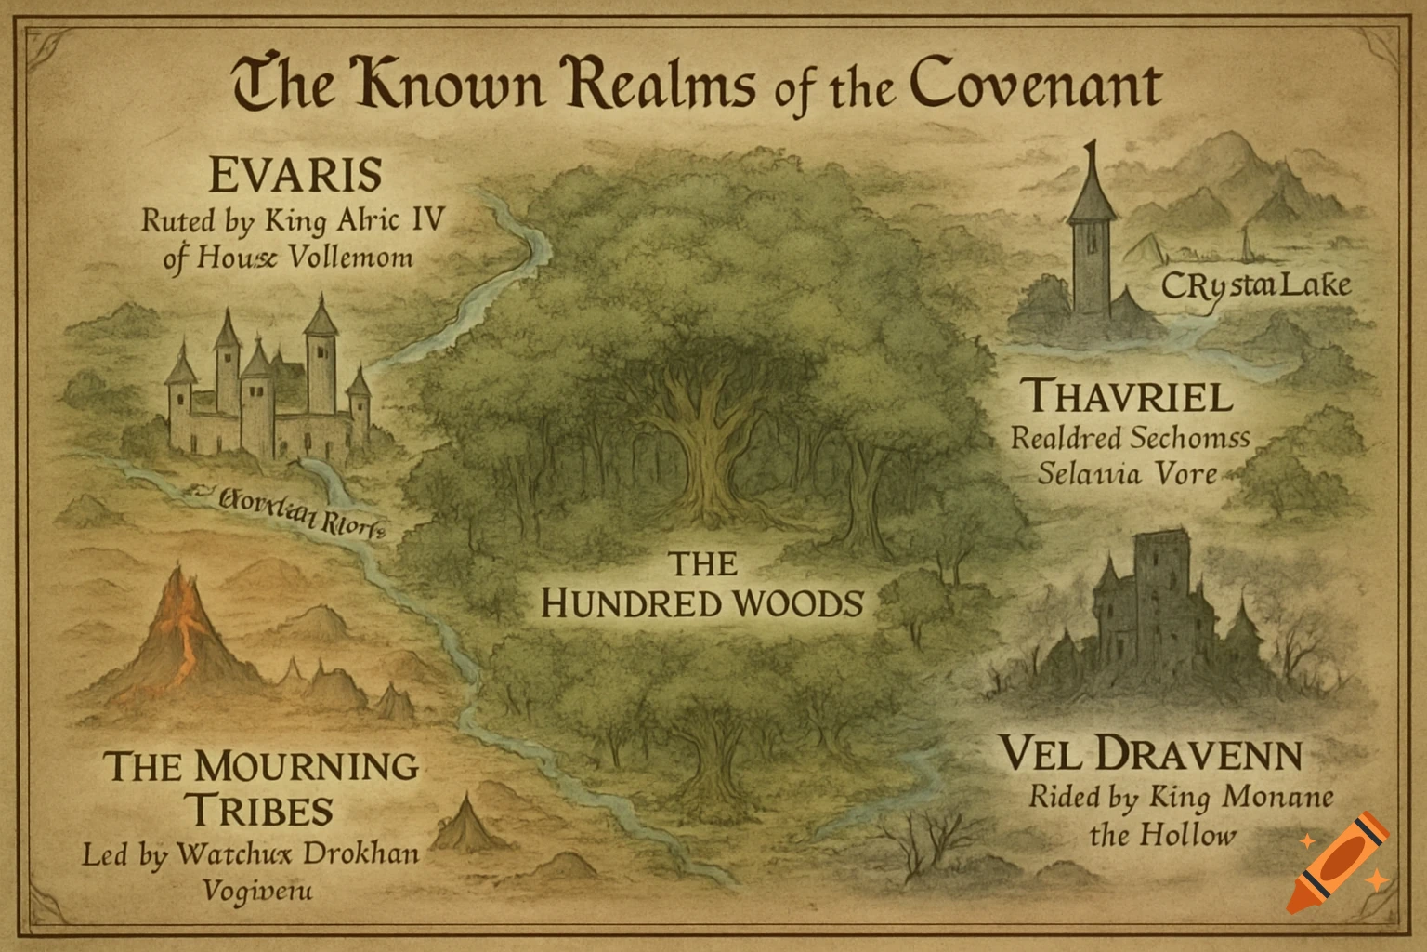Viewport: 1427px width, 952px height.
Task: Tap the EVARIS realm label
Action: click(x=295, y=175)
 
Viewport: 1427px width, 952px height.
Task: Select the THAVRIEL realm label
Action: click(x=1128, y=397)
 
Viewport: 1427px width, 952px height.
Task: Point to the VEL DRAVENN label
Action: click(x=1150, y=754)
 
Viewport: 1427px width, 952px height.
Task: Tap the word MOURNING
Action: click(x=307, y=767)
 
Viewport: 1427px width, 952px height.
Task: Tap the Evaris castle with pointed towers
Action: click(x=269, y=381)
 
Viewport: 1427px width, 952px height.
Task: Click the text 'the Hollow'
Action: click(x=1162, y=835)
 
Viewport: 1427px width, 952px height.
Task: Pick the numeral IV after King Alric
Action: click(x=425, y=220)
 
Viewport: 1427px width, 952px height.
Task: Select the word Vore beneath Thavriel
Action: click(x=1185, y=473)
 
